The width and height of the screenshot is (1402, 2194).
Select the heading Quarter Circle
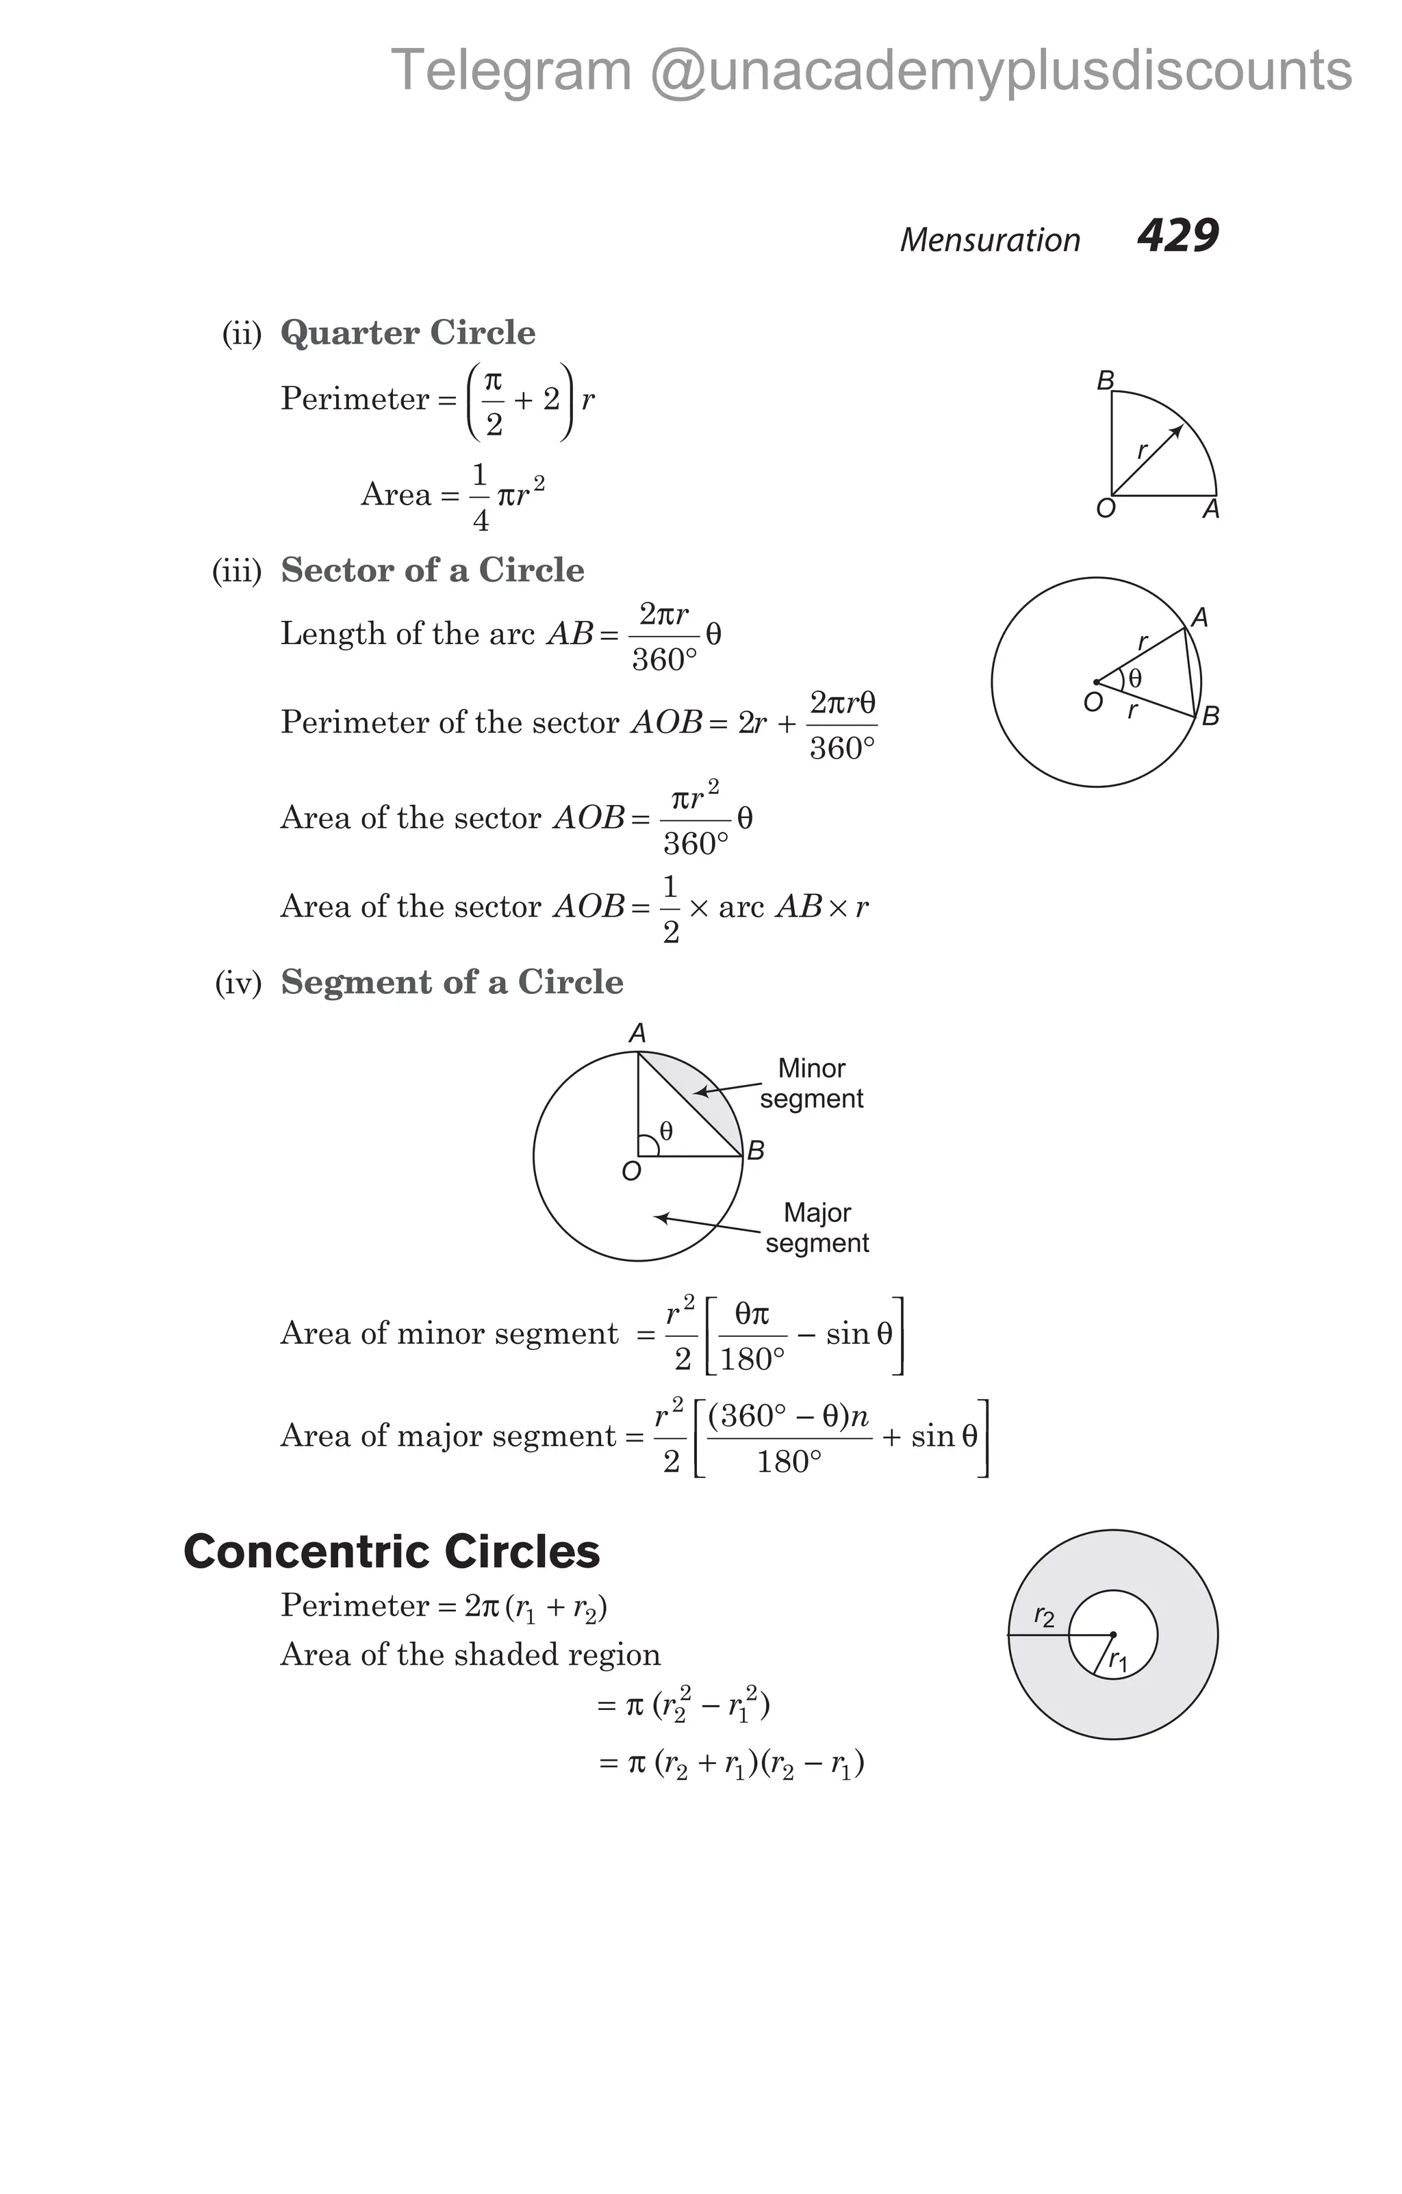point(407,333)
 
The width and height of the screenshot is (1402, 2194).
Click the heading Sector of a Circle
point(432,570)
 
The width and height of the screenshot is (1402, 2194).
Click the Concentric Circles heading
point(392,1551)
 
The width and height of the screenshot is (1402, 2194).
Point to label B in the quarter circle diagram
point(1105,381)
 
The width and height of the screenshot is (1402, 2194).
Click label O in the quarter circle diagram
point(1105,509)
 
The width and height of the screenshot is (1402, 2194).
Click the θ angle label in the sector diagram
point(1134,679)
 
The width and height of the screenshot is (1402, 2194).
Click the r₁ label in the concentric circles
point(1118,1663)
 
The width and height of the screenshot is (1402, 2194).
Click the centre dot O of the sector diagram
point(1096,683)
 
